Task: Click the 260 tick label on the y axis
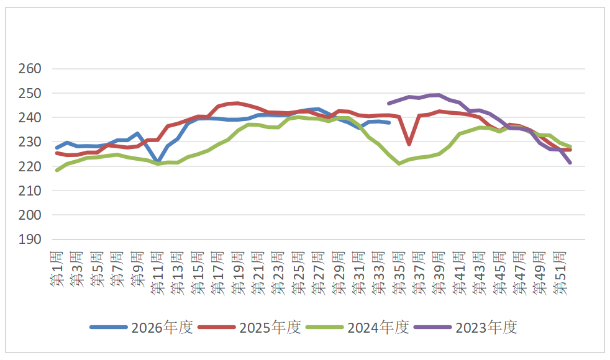pyautogui.click(x=30, y=69)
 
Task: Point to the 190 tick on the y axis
pyautogui.click(x=30, y=240)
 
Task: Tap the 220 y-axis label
pyautogui.click(x=30, y=166)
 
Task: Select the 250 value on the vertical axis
pyautogui.click(x=30, y=93)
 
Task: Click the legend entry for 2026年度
pyautogui.click(x=142, y=327)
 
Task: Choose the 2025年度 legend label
pyautogui.click(x=250, y=327)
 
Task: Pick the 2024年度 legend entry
pyautogui.click(x=358, y=327)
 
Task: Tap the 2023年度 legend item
pyautogui.click(x=466, y=327)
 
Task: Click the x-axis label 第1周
pyautogui.click(x=57, y=269)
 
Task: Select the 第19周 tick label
pyautogui.click(x=238, y=272)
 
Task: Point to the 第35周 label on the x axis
pyautogui.click(x=399, y=272)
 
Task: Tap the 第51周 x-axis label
pyautogui.click(x=560, y=272)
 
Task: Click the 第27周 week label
pyautogui.click(x=319, y=272)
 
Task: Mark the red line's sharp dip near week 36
pyautogui.click(x=409, y=144)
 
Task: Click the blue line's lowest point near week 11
pyautogui.click(x=158, y=161)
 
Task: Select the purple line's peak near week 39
pyautogui.click(x=439, y=95)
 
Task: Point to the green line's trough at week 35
pyautogui.click(x=399, y=164)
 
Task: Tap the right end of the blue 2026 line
pyautogui.click(x=389, y=122)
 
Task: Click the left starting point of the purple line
pyautogui.click(x=389, y=104)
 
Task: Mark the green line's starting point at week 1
pyautogui.click(x=57, y=170)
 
